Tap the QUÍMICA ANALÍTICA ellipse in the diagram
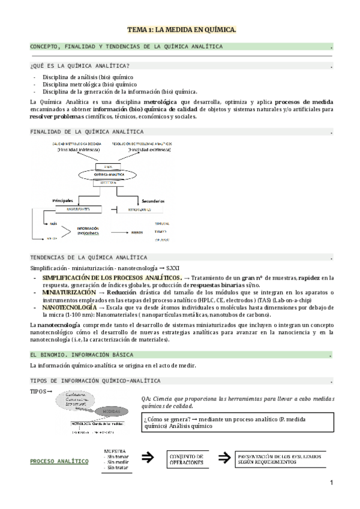tap(108, 172)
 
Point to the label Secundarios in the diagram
tap(154, 200)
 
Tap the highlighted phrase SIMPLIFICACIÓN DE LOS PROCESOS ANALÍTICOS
tap(112, 278)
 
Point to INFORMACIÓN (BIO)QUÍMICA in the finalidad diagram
tap(88, 230)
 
